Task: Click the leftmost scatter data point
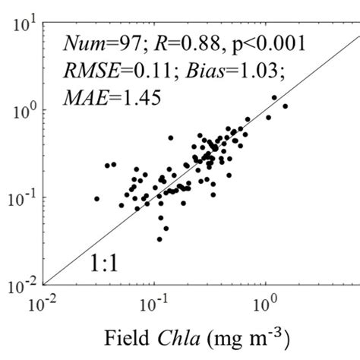(96, 198)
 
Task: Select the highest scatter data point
(274, 97)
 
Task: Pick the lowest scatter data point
(159, 238)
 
